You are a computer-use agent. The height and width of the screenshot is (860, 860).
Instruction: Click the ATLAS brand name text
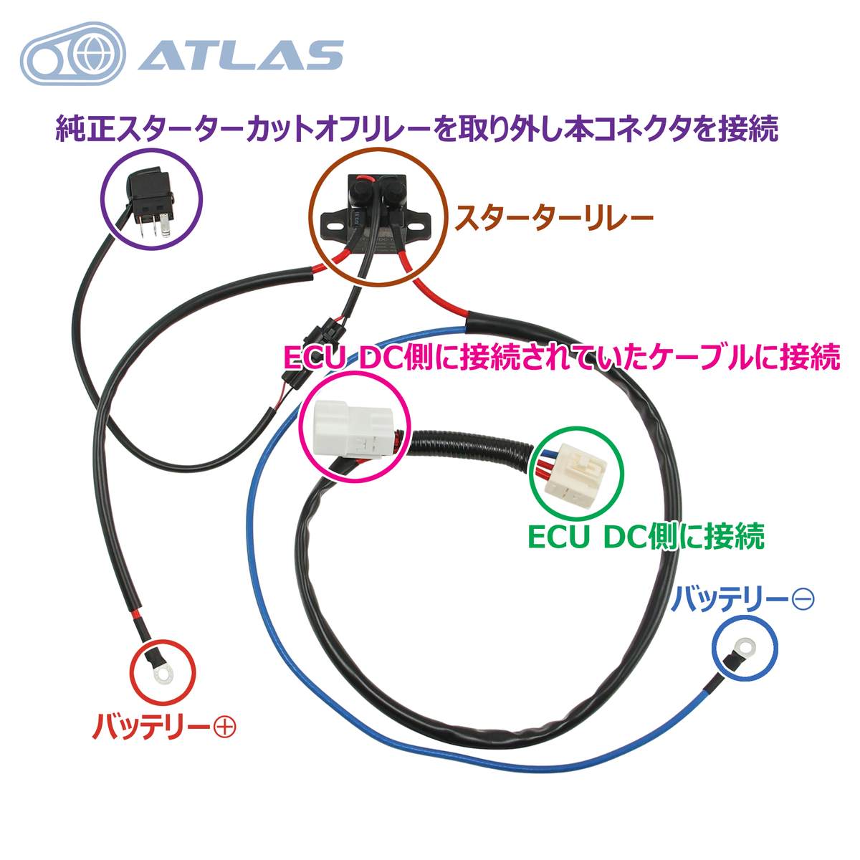pyautogui.click(x=242, y=55)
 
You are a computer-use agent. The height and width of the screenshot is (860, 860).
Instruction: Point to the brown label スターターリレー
pyautogui.click(x=553, y=219)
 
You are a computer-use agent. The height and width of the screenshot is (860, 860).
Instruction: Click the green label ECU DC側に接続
pyautogui.click(x=646, y=537)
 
